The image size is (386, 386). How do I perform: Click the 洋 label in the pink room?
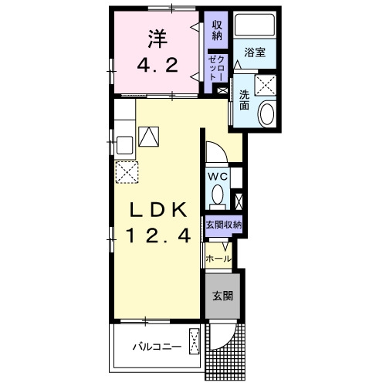[157, 39]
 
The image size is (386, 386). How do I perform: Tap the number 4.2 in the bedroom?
[157, 65]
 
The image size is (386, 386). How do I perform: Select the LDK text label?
[158, 210]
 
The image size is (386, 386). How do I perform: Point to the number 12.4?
[158, 236]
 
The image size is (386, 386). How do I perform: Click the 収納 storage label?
[217, 31]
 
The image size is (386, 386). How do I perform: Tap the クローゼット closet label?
[217, 68]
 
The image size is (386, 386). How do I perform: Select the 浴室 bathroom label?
[255, 52]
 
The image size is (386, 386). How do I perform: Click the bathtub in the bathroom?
[255, 25]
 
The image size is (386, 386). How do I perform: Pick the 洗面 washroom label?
[244, 100]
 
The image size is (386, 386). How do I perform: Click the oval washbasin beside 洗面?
[266, 114]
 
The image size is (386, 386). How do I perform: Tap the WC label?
[218, 177]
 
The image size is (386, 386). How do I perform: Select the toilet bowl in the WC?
[218, 195]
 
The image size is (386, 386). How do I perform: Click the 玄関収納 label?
[224, 225]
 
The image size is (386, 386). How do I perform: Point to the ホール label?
[218, 259]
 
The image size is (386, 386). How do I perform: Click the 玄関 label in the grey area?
[222, 296]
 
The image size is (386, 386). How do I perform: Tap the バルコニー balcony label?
[157, 347]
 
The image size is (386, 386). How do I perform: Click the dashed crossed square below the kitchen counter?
[127, 172]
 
